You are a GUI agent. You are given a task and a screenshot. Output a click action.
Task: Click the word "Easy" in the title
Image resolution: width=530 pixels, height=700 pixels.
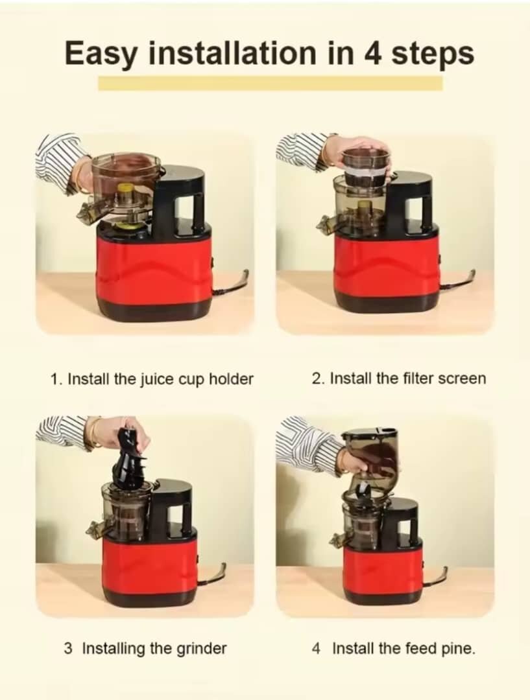click(x=101, y=52)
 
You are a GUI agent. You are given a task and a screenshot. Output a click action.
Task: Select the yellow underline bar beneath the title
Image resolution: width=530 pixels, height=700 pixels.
click(x=270, y=83)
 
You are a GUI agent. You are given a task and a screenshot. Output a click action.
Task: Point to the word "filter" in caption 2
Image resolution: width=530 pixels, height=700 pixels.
click(x=398, y=379)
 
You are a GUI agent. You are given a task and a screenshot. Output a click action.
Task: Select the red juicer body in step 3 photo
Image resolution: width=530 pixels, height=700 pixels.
click(x=149, y=564)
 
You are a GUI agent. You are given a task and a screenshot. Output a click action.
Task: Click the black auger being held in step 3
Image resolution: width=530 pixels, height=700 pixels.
click(x=130, y=457)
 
